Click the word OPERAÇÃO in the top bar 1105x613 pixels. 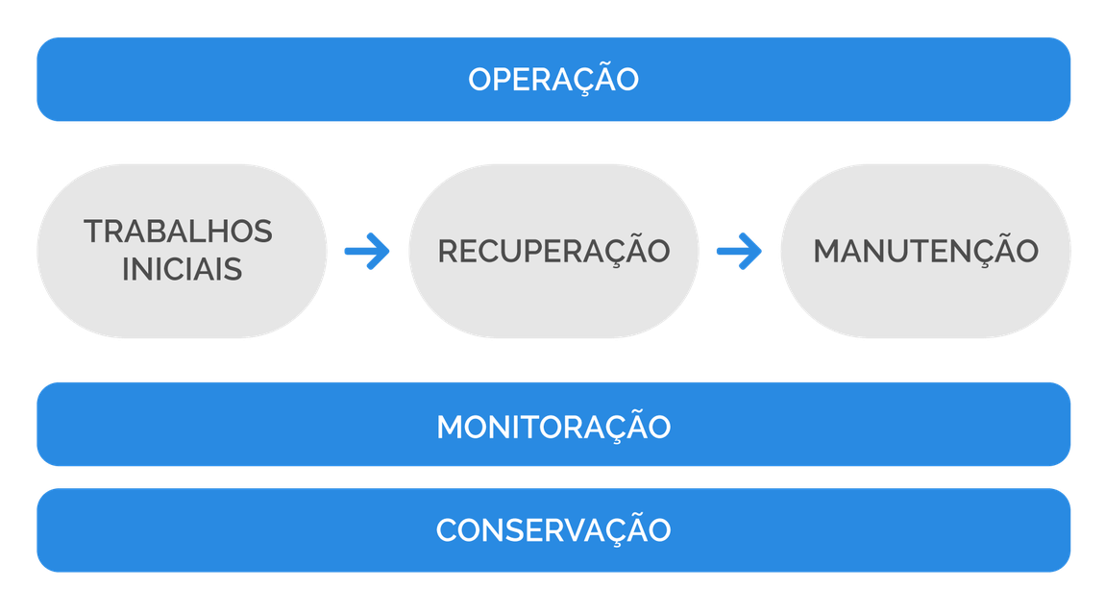click(x=553, y=80)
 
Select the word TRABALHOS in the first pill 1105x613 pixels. click(x=178, y=232)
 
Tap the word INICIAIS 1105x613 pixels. click(x=182, y=269)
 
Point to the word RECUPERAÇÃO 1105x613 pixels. click(x=553, y=251)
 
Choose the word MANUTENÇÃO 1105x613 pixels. click(x=925, y=251)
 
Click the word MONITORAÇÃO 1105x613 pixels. click(x=553, y=428)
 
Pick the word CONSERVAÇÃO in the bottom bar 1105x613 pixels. click(x=553, y=530)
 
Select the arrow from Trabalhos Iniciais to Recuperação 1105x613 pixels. click(x=367, y=252)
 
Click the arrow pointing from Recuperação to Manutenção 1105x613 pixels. click(x=739, y=252)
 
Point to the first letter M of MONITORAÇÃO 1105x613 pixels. click(x=452, y=428)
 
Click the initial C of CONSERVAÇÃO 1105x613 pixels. click(x=448, y=530)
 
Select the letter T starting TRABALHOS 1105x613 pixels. click(x=93, y=232)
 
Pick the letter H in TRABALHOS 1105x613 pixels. click(x=226, y=232)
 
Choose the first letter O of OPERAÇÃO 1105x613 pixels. click(x=480, y=80)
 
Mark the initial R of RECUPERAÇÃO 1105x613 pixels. click(x=449, y=251)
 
